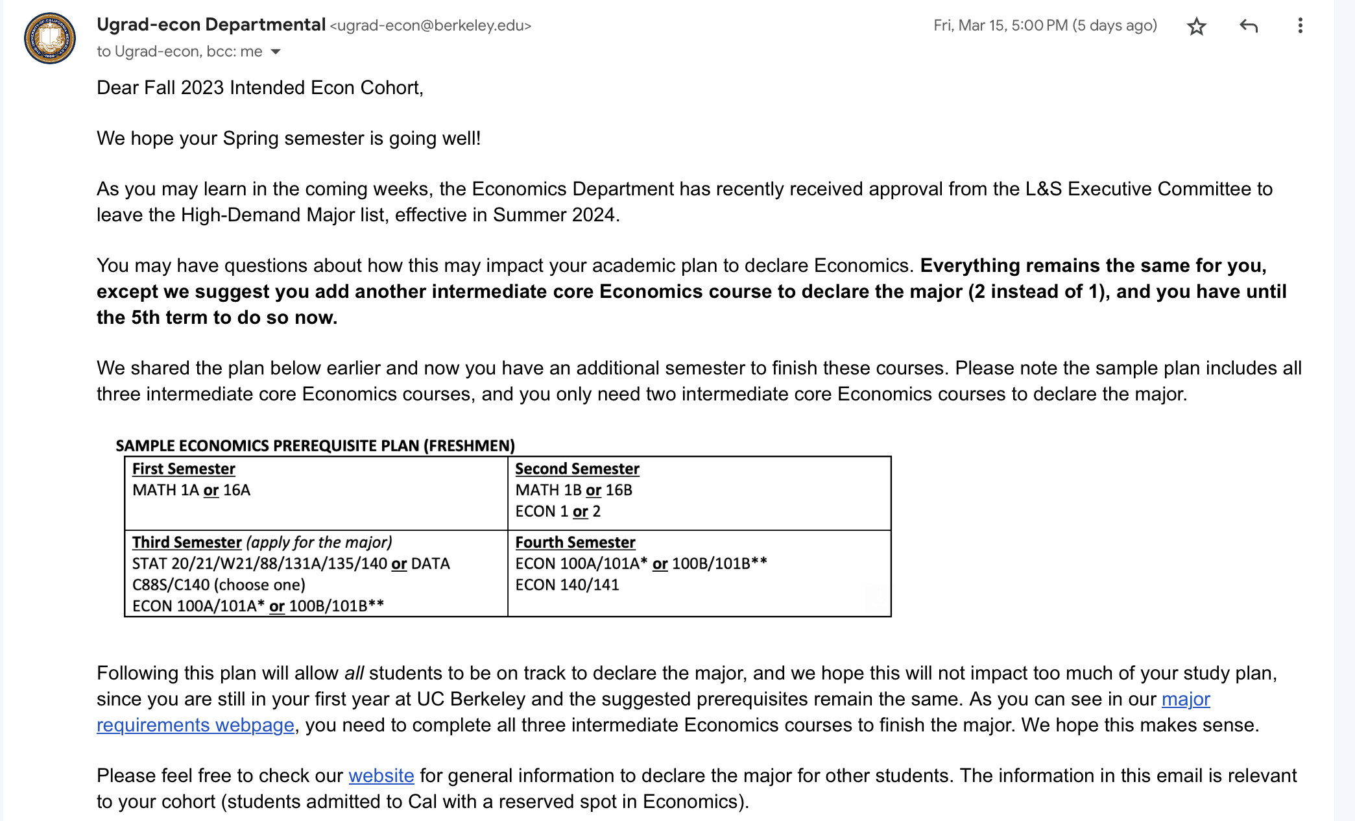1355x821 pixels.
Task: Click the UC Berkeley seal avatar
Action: click(x=50, y=38)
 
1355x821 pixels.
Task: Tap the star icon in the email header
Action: click(x=1196, y=27)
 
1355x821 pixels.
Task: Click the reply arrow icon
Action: click(x=1248, y=26)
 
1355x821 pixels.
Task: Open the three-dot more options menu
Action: click(x=1300, y=26)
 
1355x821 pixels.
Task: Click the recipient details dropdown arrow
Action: click(x=276, y=52)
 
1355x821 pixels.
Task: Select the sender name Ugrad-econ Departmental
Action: click(x=211, y=25)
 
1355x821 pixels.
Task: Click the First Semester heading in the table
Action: click(x=184, y=469)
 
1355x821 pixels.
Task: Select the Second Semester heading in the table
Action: click(x=577, y=469)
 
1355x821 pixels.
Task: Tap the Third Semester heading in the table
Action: click(x=187, y=542)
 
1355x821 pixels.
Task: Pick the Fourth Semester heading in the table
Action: click(x=575, y=542)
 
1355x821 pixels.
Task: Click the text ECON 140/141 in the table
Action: click(x=567, y=585)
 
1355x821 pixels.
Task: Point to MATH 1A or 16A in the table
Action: click(x=191, y=490)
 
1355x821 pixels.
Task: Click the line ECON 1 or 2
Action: click(x=558, y=511)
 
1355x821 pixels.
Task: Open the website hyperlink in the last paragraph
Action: click(x=381, y=776)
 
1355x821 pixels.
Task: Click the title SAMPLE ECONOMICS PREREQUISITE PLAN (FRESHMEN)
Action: click(x=315, y=446)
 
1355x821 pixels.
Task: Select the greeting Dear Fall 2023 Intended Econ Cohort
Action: click(x=259, y=88)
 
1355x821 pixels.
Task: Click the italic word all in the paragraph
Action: click(x=354, y=673)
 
